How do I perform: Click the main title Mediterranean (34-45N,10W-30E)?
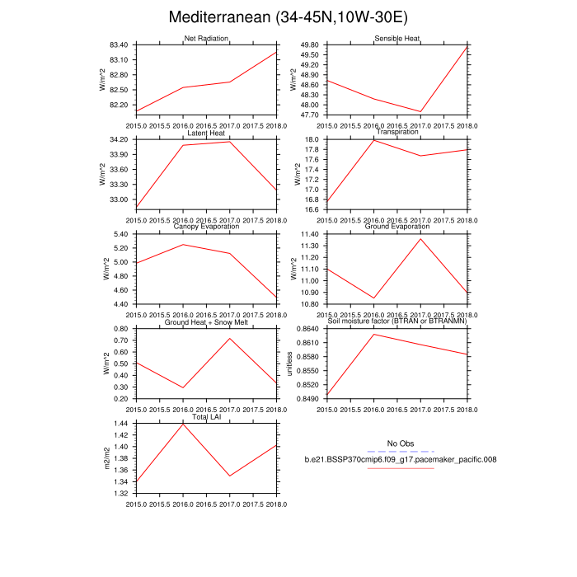288,17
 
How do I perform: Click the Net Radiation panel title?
206,38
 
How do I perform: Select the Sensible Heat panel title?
397,38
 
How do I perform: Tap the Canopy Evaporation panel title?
206,227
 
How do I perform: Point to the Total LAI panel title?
206,417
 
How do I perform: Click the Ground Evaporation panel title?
397,227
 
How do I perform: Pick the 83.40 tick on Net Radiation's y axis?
119,45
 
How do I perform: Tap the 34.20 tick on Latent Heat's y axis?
119,139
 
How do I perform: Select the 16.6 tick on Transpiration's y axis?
312,209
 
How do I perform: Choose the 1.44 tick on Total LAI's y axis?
121,424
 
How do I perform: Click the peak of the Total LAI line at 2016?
183,424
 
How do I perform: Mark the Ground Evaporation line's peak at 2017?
421,239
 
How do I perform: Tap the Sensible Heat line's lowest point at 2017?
421,111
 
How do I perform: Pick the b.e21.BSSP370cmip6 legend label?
400,459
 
